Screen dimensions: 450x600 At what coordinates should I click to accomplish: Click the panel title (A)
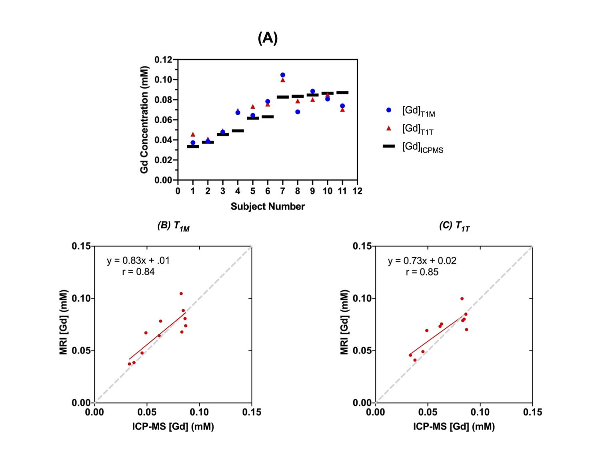(268, 38)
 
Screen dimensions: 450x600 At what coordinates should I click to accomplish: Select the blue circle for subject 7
(283, 75)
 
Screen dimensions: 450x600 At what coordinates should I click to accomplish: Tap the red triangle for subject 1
(193, 134)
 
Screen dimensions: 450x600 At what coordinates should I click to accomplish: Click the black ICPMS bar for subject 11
(342, 92)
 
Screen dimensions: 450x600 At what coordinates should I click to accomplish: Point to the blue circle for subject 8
(298, 112)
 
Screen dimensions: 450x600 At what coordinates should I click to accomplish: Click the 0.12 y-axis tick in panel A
(163, 60)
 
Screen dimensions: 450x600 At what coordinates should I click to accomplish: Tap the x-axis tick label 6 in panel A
(268, 191)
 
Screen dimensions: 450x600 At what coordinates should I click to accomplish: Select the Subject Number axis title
(268, 206)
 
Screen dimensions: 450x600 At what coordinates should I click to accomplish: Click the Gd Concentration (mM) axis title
(144, 120)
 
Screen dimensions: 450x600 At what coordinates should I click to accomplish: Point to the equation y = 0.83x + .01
(138, 261)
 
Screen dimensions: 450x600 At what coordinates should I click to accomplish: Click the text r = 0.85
(422, 272)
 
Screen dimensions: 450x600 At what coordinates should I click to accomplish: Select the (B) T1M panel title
(173, 226)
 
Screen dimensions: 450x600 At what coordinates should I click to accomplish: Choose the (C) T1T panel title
(454, 226)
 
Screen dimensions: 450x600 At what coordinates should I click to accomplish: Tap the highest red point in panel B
(181, 294)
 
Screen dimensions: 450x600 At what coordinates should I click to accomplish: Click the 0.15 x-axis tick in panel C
(532, 412)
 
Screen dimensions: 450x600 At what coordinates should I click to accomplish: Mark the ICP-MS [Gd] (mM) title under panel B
(173, 427)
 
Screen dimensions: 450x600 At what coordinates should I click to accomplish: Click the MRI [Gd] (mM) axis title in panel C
(344, 322)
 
